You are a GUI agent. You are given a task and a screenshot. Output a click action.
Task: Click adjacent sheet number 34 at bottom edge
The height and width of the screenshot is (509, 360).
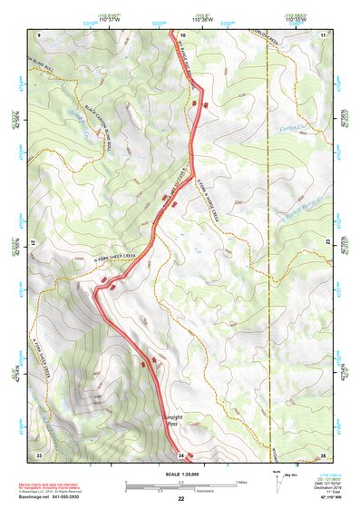181,454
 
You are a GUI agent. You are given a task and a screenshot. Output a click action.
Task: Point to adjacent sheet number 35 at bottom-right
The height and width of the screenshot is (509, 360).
323,454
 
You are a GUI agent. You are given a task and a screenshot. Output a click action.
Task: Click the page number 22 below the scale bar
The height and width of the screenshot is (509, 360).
181,499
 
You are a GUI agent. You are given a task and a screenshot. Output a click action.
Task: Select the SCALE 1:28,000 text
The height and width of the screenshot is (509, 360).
181,474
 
